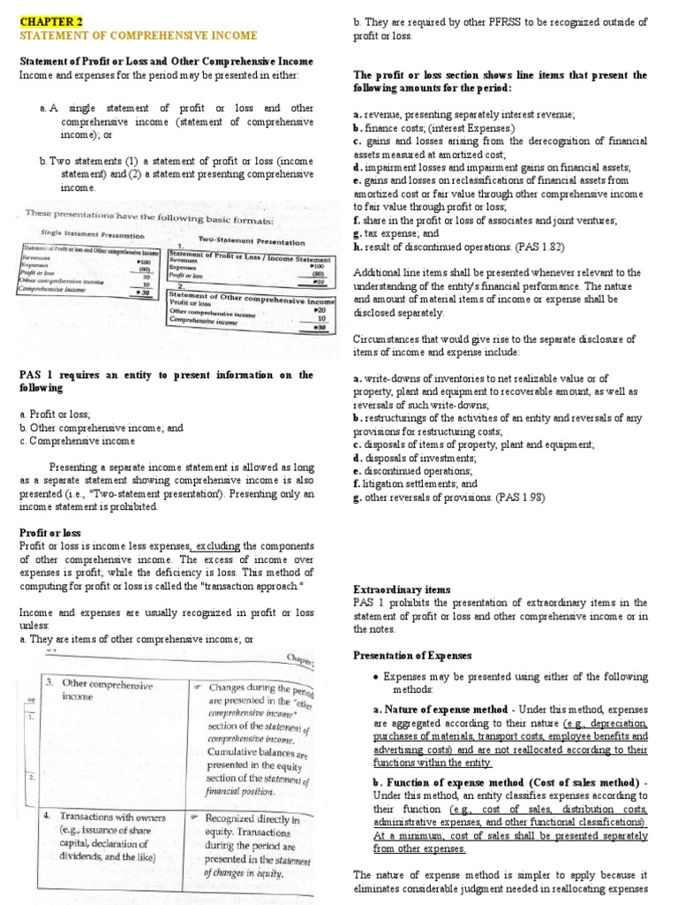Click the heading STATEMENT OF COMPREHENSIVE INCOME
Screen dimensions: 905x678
click(139, 35)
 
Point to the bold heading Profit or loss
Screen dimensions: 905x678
click(49, 533)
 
